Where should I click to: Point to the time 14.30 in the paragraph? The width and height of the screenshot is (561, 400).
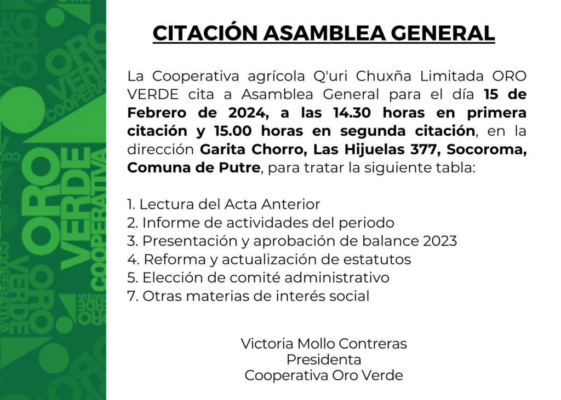[x=352, y=113]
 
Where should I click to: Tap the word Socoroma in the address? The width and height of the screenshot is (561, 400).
[x=486, y=150]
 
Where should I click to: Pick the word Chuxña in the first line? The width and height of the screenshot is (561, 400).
[x=381, y=76]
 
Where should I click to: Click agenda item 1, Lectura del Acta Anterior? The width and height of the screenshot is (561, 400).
[x=224, y=204]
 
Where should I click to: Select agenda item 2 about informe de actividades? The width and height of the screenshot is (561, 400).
[x=261, y=223]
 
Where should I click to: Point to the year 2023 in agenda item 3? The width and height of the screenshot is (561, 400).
[x=440, y=241]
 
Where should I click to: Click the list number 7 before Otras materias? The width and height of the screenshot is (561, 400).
[x=131, y=296]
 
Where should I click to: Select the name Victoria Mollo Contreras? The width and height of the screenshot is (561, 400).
[x=324, y=344]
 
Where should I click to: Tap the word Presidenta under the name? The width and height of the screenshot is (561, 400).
[x=324, y=360]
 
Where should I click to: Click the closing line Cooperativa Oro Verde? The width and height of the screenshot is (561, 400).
[x=324, y=375]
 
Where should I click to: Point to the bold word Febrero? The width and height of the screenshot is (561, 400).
[x=157, y=113]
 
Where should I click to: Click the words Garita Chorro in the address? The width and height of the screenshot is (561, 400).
[x=251, y=149]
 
